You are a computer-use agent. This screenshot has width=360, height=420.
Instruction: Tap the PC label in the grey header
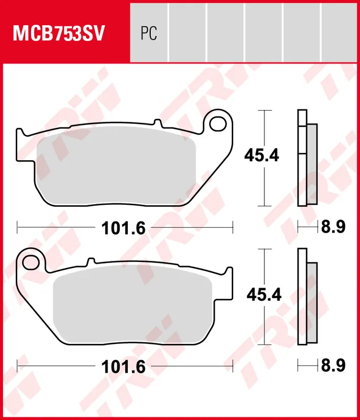[149, 34]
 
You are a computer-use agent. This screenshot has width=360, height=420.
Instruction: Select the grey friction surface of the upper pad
[116, 169]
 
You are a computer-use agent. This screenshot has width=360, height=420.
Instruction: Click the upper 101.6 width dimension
[125, 228]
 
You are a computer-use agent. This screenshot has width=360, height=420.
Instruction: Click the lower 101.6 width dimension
[125, 366]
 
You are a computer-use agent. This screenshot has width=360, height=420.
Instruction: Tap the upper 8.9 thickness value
[333, 227]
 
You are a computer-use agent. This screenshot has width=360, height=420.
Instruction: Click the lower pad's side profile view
[307, 297]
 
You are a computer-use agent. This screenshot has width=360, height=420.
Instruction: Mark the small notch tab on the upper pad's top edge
[156, 124]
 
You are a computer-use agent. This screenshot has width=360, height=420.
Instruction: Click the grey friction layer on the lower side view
[312, 303]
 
